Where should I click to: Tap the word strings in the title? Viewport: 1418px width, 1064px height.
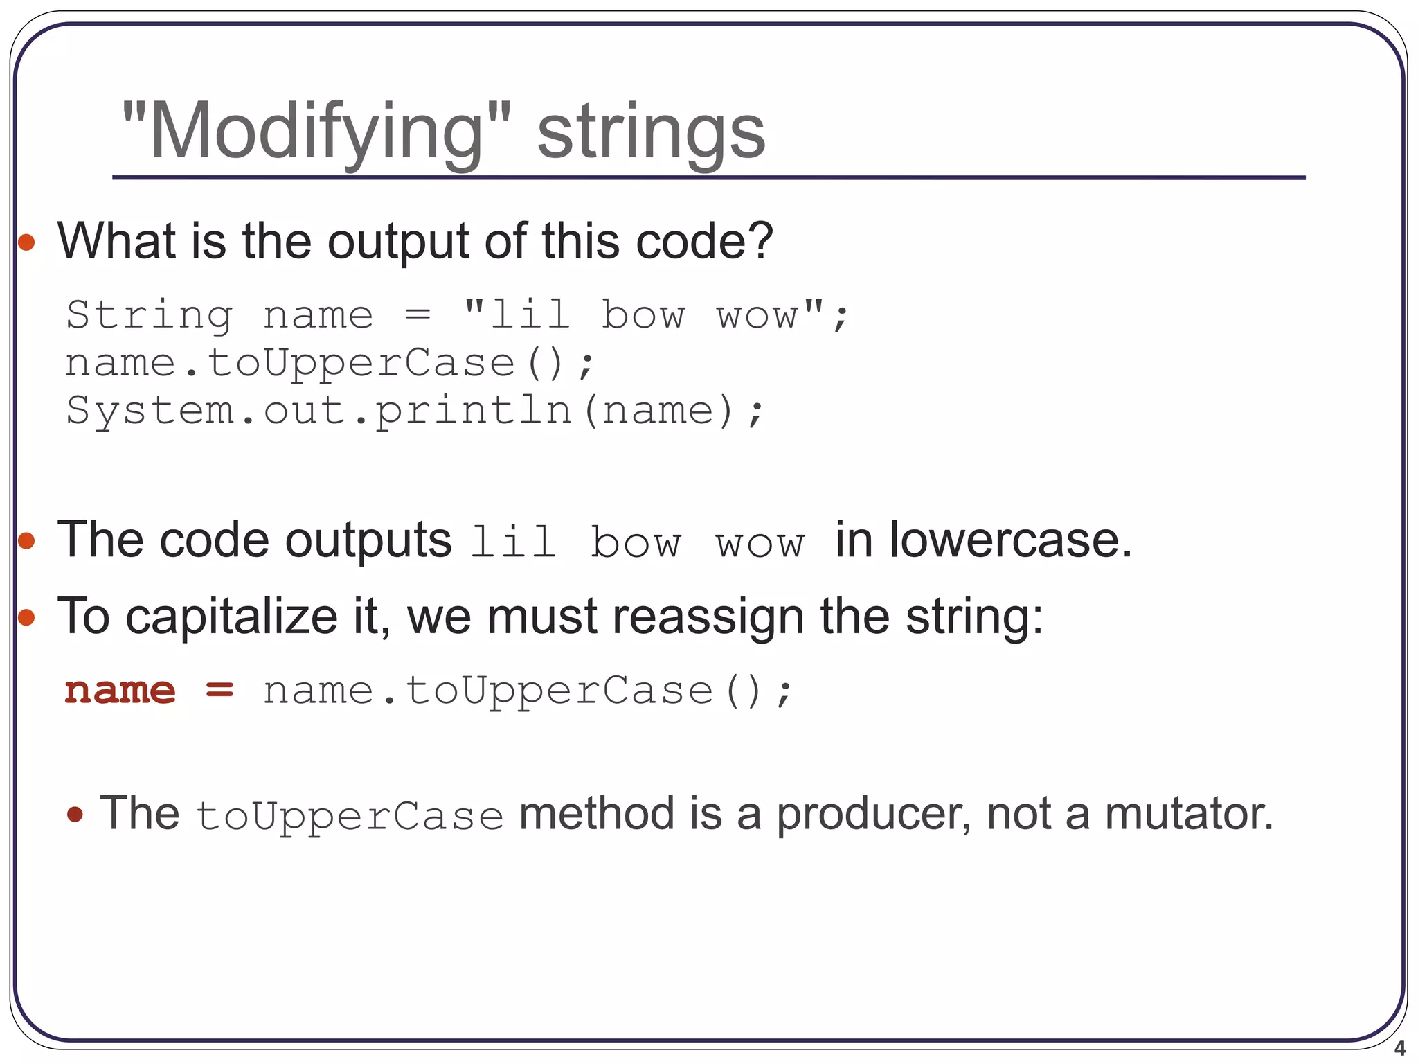(651, 132)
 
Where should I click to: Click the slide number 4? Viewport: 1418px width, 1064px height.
(1399, 1048)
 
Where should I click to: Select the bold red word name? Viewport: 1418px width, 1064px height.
(120, 691)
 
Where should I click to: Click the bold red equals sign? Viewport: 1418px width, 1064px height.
(220, 690)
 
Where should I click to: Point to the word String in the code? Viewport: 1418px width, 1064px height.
(149, 315)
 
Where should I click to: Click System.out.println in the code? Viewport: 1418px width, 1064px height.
(318, 411)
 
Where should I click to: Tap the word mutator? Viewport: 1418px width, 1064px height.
(1188, 813)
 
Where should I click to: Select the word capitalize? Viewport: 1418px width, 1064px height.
(231, 616)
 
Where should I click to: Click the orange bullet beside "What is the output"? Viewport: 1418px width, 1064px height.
(26, 242)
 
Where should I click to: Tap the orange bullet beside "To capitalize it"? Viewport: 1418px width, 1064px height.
(26, 617)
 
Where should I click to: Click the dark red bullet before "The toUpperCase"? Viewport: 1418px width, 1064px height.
(75, 814)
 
